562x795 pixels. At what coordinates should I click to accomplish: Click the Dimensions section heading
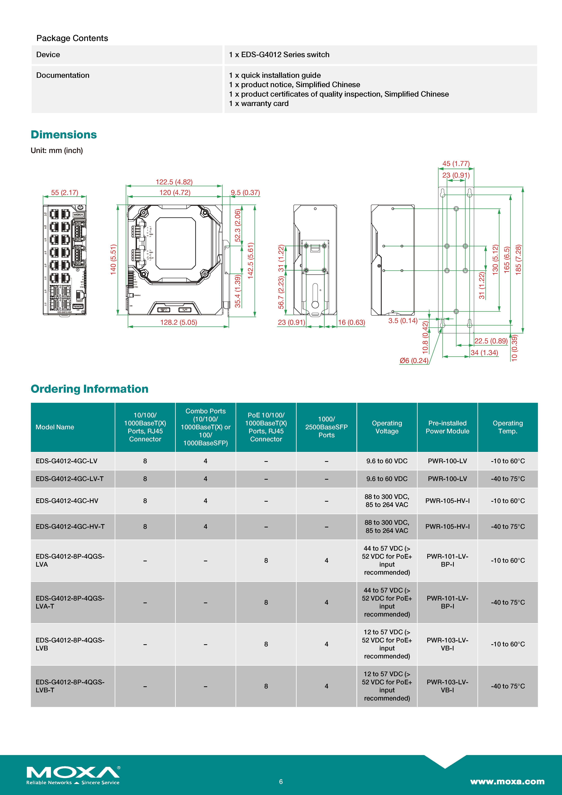point(64,135)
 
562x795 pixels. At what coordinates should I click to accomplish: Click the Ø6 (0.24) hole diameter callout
point(414,360)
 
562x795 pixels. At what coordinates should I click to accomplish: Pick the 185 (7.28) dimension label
point(518,260)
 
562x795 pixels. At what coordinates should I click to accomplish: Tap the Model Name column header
point(55,427)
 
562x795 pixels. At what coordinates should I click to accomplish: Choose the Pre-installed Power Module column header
point(447,427)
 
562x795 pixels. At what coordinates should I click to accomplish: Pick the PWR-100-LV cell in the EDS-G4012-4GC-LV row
point(447,461)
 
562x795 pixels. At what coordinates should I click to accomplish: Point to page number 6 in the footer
point(281,781)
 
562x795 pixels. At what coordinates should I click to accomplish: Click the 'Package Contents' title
point(72,38)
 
